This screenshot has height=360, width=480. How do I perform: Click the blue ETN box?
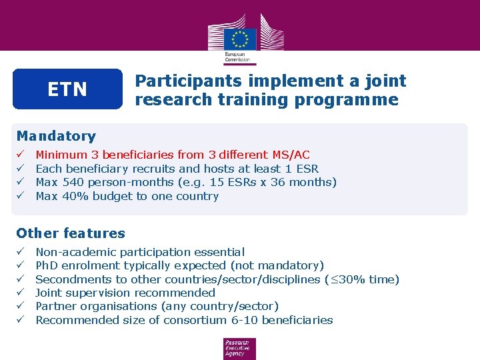(x=67, y=89)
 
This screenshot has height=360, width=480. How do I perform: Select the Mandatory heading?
(x=56, y=136)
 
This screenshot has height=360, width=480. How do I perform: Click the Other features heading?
(x=71, y=233)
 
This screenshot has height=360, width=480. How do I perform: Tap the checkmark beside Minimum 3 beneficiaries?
(x=21, y=155)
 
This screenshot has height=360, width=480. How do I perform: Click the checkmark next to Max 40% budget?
(x=21, y=196)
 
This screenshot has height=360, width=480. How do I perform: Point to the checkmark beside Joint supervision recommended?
(x=21, y=293)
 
